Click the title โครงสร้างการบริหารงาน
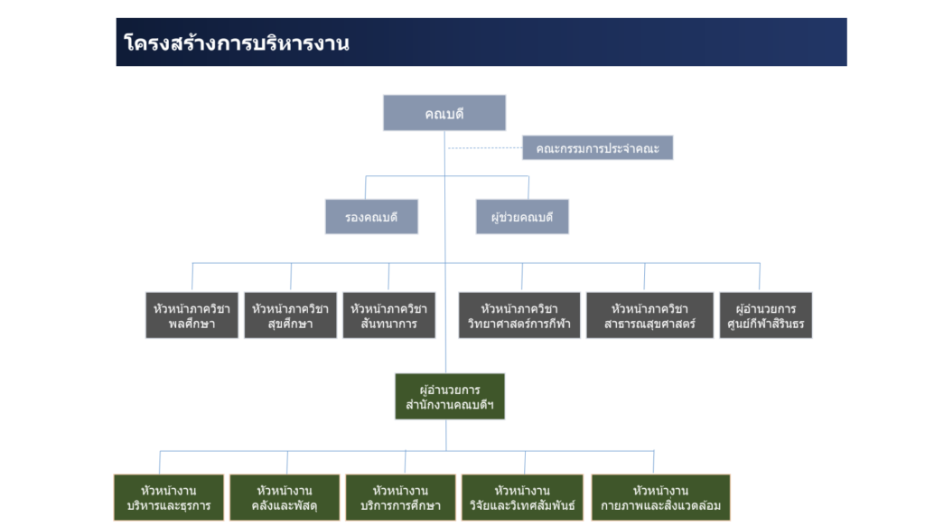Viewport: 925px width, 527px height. (237, 43)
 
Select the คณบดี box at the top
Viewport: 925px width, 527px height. (444, 113)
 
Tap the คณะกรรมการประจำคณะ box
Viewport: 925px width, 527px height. (598, 148)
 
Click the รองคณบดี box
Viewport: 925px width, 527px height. (371, 217)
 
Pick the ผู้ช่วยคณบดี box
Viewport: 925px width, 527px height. (522, 217)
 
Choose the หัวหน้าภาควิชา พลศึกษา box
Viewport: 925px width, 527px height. (192, 315)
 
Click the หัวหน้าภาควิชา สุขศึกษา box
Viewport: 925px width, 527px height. (290, 315)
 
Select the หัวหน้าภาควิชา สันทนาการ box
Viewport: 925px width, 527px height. (388, 315)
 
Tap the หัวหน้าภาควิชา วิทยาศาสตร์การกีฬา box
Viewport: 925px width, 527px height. (519, 315)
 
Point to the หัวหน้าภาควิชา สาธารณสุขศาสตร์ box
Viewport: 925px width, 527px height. (649, 315)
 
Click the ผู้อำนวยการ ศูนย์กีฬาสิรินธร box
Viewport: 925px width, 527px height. (766, 315)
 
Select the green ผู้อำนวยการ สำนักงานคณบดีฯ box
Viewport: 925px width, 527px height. (450, 397)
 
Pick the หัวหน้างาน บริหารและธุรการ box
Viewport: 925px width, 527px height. (169, 497)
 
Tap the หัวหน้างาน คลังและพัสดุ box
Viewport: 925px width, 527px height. (285, 497)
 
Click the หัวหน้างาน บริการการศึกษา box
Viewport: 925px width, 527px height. (400, 497)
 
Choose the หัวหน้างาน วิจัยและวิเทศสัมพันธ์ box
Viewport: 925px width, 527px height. (522, 497)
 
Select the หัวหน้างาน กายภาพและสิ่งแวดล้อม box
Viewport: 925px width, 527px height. (660, 497)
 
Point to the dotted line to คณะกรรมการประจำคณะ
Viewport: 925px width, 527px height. (485, 148)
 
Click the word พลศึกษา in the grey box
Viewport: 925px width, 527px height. (192, 324)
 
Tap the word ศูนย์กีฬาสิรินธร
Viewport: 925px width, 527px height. (766, 324)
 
